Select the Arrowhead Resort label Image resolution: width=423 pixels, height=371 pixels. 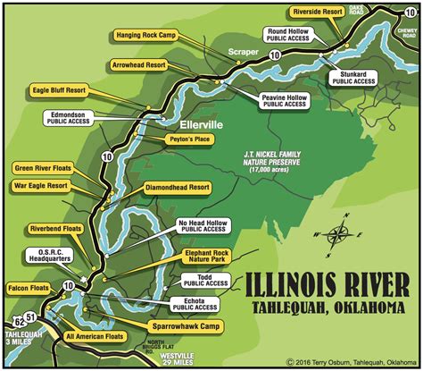click(x=139, y=65)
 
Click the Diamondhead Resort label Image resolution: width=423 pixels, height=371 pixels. click(x=177, y=189)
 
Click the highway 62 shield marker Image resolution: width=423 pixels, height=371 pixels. click(x=21, y=320)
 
